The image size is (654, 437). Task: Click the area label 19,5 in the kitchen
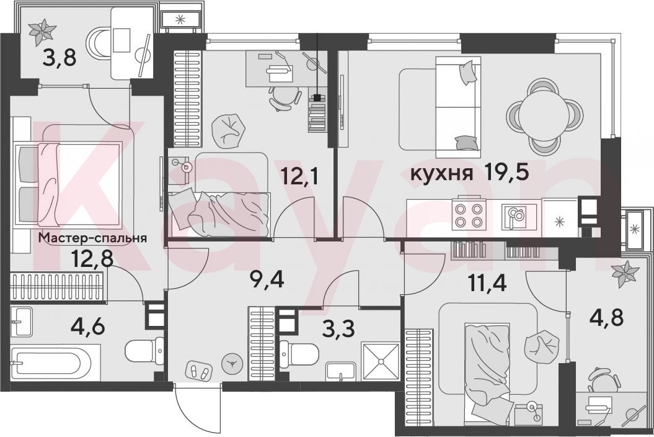tap(506, 173)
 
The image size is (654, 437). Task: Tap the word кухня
tap(442, 174)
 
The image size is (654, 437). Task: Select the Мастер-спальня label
tap(92, 238)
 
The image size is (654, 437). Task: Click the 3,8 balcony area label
tap(60, 58)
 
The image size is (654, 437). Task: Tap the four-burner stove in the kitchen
tap(469, 215)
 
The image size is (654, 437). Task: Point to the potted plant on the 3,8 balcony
tap(42, 32)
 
